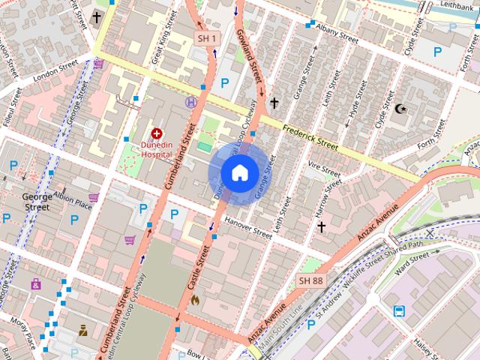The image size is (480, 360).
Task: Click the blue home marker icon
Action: [238, 172]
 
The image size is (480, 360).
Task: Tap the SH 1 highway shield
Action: [207, 38]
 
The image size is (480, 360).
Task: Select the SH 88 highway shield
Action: [310, 280]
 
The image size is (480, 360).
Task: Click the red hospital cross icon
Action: [157, 133]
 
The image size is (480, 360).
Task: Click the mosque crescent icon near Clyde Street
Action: [402, 109]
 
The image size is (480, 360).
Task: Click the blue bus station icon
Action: [400, 310]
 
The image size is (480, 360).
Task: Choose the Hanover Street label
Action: [248, 228]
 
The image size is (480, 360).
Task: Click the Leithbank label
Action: [457, 5]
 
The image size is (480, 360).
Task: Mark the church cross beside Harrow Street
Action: [321, 226]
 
